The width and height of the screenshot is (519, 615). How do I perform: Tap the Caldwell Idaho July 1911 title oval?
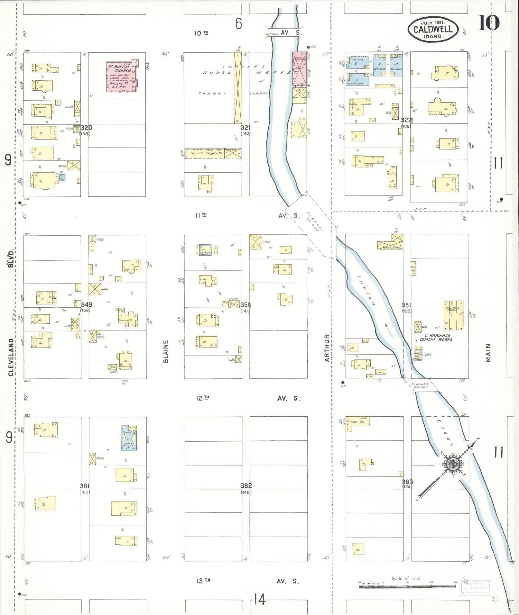coord(433,29)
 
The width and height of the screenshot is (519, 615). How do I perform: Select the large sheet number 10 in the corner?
coord(488,23)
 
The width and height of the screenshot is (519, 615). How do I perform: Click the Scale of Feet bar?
coord(407,587)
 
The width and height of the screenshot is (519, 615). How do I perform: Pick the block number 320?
coord(86,128)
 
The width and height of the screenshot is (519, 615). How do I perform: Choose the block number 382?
coord(246,485)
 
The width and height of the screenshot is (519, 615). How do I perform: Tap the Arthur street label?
coord(327,348)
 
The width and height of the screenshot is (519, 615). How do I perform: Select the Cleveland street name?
coord(11,357)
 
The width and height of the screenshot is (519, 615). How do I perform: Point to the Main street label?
coord(488,353)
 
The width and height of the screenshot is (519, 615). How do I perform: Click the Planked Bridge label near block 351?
coord(420,385)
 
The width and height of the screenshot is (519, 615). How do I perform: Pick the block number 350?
coord(246,304)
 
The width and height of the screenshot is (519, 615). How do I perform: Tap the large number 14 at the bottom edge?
coord(259,599)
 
